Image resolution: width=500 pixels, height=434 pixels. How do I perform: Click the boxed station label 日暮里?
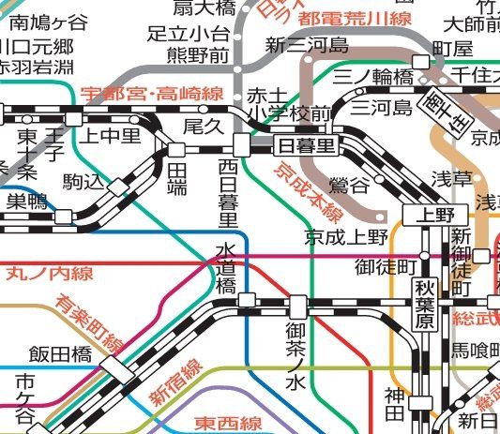tap(307, 145)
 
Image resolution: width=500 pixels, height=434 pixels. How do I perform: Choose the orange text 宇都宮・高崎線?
tap(151, 94)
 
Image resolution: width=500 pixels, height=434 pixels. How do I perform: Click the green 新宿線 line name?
tap(177, 382)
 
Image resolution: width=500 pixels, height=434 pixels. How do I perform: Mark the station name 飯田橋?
tap(58, 353)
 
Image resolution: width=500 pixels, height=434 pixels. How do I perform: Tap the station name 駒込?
tap(83, 180)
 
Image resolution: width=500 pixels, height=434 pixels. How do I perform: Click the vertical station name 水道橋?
tap(226, 269)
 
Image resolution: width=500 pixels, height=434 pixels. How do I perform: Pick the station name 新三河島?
tap(306, 45)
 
